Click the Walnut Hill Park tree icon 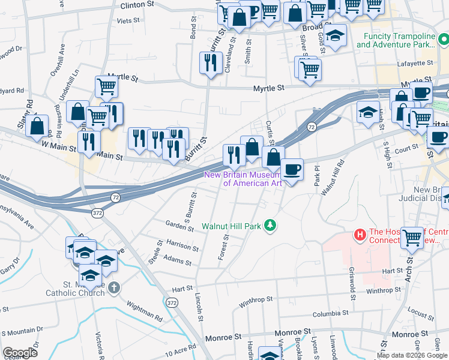(271, 225)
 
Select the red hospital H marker (360, 234)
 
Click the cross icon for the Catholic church (114, 289)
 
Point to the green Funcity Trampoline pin (443, 40)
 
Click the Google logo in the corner (20, 353)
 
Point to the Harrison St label (182, 247)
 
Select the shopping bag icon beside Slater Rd (37, 126)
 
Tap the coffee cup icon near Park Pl (292, 169)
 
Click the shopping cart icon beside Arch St (412, 237)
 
